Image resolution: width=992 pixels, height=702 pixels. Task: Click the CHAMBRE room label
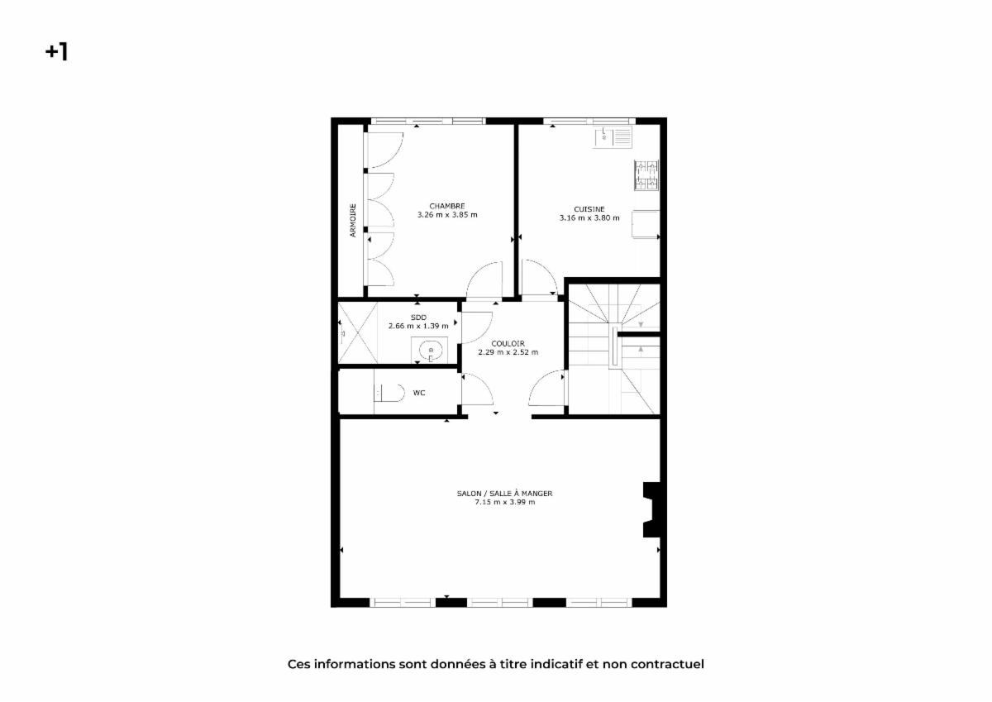pos(447,206)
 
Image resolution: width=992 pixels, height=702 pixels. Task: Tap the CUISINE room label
pos(589,209)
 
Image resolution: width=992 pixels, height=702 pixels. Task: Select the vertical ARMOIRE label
pos(353,220)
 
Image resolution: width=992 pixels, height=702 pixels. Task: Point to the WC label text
pos(419,393)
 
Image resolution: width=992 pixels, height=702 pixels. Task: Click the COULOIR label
pos(508,344)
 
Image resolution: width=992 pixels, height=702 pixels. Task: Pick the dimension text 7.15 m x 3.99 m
pos(505,502)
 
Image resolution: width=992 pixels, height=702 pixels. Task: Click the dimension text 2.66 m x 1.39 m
pos(418,326)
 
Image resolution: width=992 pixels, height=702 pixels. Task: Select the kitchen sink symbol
pos(613,137)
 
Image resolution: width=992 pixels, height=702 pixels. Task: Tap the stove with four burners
pos(646,175)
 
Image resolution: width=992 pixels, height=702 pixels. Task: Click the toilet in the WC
pos(389,393)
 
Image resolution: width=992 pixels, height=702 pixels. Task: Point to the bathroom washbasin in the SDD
pos(430,351)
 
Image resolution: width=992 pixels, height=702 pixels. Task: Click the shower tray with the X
pos(358,333)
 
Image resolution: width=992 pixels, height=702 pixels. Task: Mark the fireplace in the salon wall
pos(651,510)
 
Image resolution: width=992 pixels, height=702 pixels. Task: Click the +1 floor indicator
pos(57,51)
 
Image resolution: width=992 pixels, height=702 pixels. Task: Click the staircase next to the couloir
pos(614,349)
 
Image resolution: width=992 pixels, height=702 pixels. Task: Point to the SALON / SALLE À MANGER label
pos(504,494)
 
